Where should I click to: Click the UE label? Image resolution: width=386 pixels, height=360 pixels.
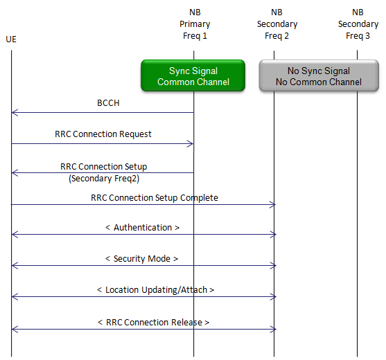point(11,39)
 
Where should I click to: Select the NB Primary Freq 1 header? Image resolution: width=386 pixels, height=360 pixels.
point(195,24)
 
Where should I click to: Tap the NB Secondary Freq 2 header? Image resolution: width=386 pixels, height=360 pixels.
point(277,24)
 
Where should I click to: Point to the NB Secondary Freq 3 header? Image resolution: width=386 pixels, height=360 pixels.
point(358,24)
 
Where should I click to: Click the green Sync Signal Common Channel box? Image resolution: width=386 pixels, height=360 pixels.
point(193,75)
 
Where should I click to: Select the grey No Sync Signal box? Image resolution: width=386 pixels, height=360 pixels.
point(319,75)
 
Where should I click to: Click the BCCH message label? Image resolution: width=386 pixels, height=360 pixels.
point(108,103)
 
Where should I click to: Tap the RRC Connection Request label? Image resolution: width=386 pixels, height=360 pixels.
point(103,134)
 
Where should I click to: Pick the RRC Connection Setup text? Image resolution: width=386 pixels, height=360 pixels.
point(104,166)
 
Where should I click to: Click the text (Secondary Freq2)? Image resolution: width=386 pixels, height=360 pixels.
point(104,179)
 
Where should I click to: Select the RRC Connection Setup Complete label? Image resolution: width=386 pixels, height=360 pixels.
point(155,198)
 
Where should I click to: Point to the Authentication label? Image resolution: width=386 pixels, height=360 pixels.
point(142,228)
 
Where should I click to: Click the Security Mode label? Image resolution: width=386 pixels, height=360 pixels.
point(141,259)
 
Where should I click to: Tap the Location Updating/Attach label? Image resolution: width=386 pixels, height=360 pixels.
point(155,290)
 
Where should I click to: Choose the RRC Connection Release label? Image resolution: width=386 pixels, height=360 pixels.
point(153,323)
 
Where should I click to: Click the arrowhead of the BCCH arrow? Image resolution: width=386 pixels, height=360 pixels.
point(15,113)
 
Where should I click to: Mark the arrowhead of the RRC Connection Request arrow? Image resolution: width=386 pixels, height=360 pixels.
point(191,144)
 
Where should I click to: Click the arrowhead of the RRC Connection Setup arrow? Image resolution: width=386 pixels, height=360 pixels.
point(15,173)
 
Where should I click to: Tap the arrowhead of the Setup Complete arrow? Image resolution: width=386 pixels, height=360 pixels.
point(272,205)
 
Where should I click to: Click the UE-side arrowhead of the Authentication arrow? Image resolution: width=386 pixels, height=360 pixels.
point(15,235)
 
